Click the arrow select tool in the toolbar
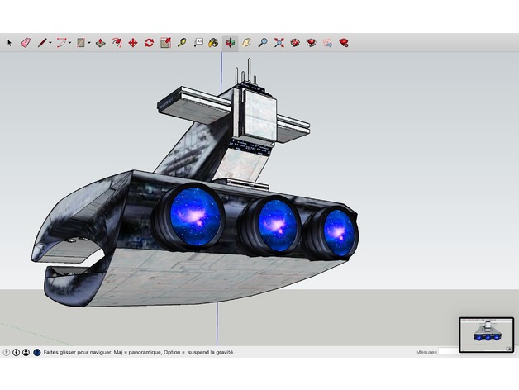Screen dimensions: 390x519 click(x=10, y=42)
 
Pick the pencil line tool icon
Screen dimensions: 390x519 click(x=40, y=42)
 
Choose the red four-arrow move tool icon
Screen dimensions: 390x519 click(x=132, y=42)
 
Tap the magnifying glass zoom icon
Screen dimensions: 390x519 click(x=262, y=42)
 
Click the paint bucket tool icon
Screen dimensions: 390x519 click(x=213, y=42)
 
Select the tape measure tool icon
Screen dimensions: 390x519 click(x=181, y=42)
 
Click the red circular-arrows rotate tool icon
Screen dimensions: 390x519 click(x=149, y=42)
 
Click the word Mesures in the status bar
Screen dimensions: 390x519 click(x=426, y=352)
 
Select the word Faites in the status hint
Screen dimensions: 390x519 click(x=53, y=352)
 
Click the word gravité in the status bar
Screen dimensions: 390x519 click(x=221, y=352)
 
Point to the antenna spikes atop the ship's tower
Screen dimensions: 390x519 click(x=249, y=77)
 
